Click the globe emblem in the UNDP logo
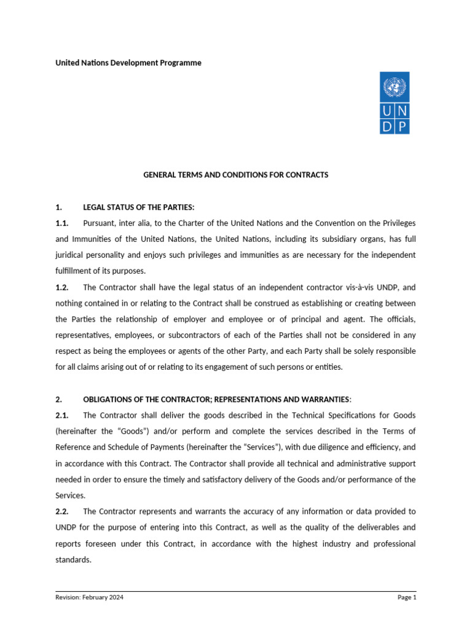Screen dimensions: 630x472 tap(394, 86)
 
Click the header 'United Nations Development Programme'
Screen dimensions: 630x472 tap(128, 63)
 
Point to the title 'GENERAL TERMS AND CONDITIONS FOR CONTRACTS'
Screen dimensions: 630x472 tap(236, 175)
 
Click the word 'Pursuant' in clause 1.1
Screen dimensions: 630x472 tap(99, 222)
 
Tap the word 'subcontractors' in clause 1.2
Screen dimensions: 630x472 tap(195, 335)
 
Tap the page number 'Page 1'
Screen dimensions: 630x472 tap(406, 597)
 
